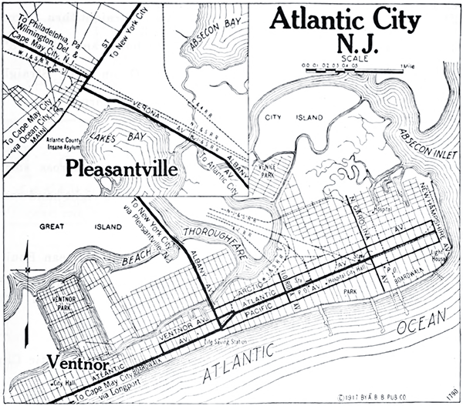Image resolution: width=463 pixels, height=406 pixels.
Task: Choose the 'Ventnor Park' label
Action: [57, 300]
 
